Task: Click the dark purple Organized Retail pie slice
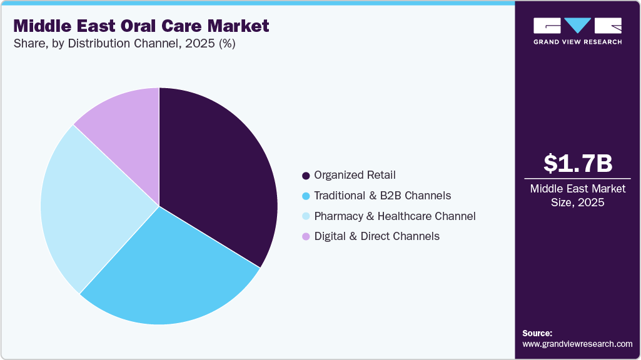(219, 175)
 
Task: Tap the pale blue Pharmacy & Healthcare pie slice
(88, 200)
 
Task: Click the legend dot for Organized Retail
(306, 176)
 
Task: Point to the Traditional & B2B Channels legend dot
(306, 196)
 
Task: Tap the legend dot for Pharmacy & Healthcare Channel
(306, 216)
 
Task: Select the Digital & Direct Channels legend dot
(306, 237)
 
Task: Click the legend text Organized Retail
(355, 175)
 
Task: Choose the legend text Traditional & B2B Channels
(382, 196)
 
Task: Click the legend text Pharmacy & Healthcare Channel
(395, 216)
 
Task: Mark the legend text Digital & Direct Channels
(376, 236)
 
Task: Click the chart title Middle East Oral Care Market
(141, 26)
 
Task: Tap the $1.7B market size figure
(577, 164)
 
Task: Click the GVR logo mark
(577, 26)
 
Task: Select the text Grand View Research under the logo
(577, 42)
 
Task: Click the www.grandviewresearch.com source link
(577, 344)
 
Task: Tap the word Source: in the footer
(537, 333)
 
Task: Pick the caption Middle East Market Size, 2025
(577, 196)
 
